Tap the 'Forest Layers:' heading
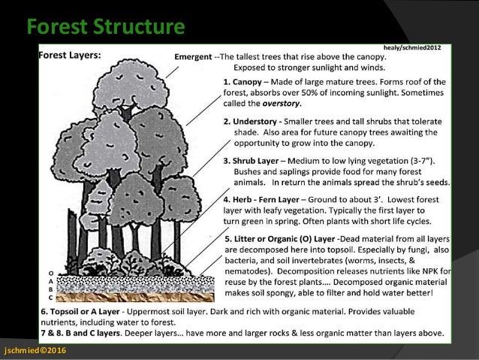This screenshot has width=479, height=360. tap(75, 54)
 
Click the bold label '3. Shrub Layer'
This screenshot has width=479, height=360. tap(258, 162)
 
